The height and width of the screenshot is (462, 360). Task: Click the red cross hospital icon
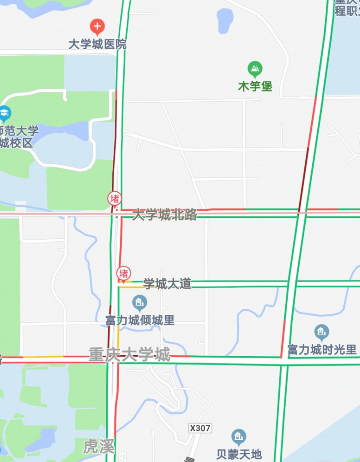coord(97,26)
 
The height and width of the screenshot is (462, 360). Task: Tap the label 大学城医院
coord(97,45)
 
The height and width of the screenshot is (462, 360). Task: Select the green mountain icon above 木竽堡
coord(255,70)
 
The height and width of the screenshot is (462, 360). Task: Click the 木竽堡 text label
coord(255,86)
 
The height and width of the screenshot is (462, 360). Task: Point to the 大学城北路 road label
coord(165,215)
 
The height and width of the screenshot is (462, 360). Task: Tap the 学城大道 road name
coord(167,284)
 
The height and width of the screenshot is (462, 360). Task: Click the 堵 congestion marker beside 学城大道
coord(124,273)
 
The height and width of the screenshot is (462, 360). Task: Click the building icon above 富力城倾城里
coord(140,303)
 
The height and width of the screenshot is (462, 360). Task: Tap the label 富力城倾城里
coord(140,320)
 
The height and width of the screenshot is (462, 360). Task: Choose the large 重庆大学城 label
coord(129,355)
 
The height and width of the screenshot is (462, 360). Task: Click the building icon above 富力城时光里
coord(321,332)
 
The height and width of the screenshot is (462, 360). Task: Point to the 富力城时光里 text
coord(321,349)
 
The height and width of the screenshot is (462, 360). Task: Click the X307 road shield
coord(200,428)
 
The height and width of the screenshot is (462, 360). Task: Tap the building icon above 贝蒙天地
coord(239,436)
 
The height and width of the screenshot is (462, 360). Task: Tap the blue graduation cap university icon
coord(5,112)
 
